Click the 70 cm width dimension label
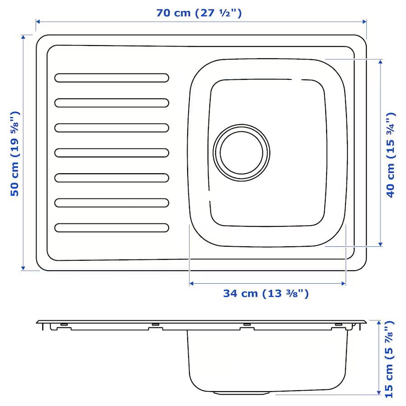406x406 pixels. tap(199, 13)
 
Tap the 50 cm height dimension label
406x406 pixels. tap(15, 153)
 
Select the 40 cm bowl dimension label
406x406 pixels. tap(391, 155)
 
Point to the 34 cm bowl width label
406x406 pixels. tap(266, 294)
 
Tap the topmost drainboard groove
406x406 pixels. tap(112, 78)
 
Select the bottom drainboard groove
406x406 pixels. tap(112, 228)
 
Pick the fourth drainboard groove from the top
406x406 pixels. tap(112, 153)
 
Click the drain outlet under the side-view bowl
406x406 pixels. tap(244, 392)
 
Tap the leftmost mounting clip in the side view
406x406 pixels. tap(64, 324)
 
